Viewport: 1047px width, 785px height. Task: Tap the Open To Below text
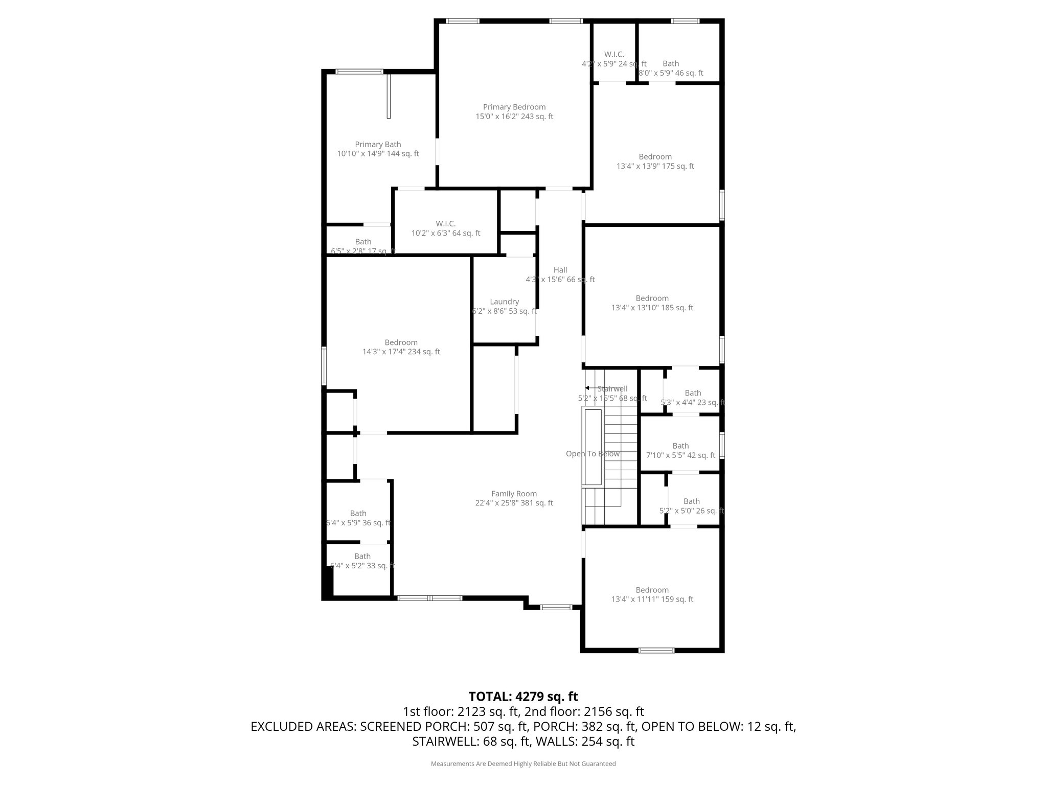tap(593, 454)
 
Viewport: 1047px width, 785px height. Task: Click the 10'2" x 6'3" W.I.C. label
tap(446, 228)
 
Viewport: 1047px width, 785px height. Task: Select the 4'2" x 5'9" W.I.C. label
tap(613, 59)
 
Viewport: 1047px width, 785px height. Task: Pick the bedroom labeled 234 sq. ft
tap(401, 347)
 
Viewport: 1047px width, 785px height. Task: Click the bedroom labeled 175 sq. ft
tap(655, 161)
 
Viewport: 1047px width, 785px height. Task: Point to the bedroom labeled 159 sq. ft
tap(652, 594)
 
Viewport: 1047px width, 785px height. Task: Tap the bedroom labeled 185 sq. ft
tap(652, 303)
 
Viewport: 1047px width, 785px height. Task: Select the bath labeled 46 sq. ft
tap(671, 68)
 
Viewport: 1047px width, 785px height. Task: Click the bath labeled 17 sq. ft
tap(363, 246)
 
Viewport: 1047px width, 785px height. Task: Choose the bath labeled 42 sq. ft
tap(680, 450)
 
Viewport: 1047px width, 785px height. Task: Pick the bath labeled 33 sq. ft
tap(362, 561)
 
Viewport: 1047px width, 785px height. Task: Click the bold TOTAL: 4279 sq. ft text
tap(523, 697)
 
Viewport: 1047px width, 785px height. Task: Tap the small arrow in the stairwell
tap(588, 388)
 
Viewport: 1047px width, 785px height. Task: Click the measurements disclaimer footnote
tap(523, 764)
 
